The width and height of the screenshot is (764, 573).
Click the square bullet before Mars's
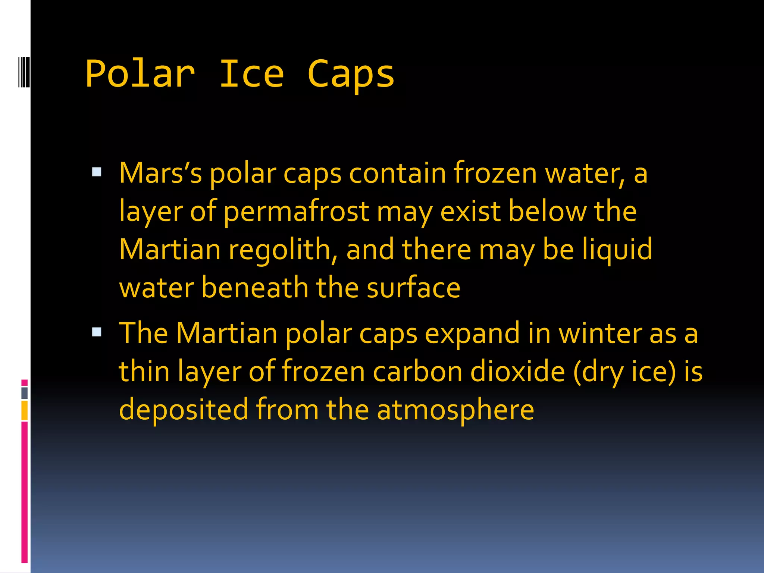pyautogui.click(x=97, y=172)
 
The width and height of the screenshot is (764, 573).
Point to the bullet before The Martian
pyautogui.click(x=97, y=332)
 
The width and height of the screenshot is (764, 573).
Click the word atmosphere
pyautogui.click(x=455, y=410)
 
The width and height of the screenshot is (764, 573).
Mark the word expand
pyautogui.click(x=472, y=333)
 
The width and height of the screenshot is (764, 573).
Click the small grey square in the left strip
pyautogui.click(x=25, y=393)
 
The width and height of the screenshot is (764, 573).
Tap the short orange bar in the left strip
pyautogui.click(x=25, y=410)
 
